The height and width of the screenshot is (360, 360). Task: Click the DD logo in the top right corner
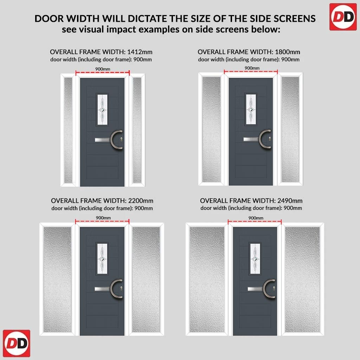(343, 17)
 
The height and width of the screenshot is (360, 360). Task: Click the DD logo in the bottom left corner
(17, 343)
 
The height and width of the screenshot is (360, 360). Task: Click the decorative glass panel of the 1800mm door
(251, 110)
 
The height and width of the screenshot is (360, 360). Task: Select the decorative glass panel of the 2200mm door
(102, 259)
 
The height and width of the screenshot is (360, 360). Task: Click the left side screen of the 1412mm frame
(68, 130)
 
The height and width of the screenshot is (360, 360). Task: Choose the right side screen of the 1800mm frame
(290, 129)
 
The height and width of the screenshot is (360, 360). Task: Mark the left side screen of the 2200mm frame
(57, 279)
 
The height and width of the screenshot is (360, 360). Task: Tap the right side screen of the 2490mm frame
(302, 279)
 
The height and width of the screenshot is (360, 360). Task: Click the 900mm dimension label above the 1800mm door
(252, 68)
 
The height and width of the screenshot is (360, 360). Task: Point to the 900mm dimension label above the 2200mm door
(103, 218)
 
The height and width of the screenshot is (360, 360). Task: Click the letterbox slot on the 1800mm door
(251, 139)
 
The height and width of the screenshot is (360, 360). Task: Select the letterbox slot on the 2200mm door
(103, 289)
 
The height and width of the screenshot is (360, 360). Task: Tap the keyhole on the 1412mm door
(121, 139)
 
